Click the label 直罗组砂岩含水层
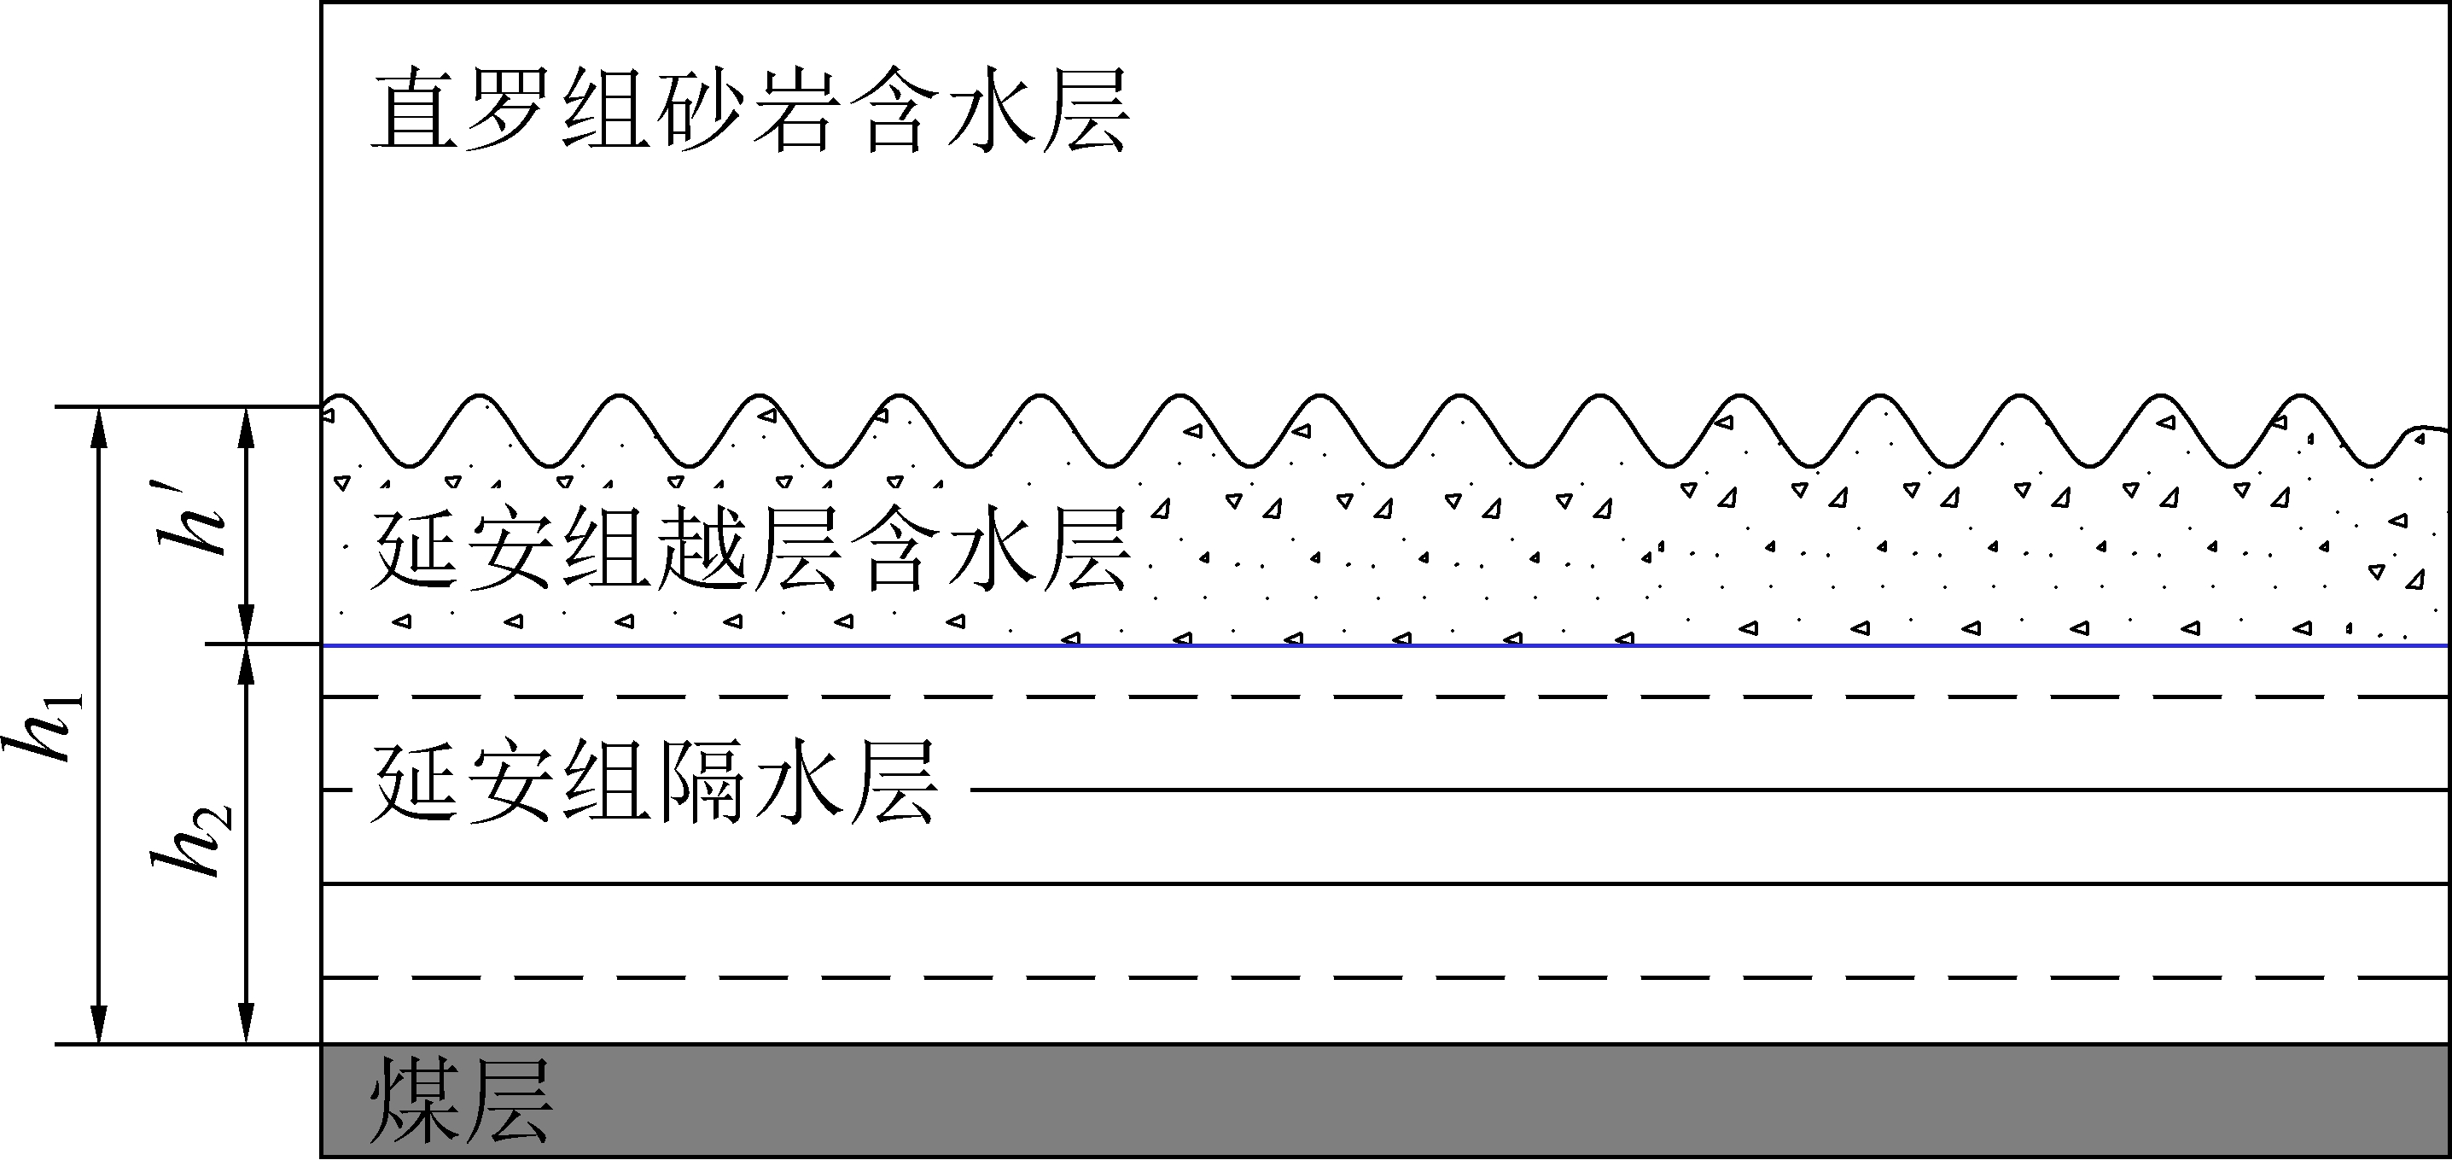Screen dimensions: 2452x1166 750,108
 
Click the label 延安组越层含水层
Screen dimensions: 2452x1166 750,548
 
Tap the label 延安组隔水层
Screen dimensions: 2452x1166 655,783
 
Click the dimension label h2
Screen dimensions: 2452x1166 190,841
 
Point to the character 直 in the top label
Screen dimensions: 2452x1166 415,108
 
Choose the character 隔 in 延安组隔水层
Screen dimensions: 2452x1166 702,783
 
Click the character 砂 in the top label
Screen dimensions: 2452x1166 702,108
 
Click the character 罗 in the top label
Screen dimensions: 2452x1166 511,108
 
